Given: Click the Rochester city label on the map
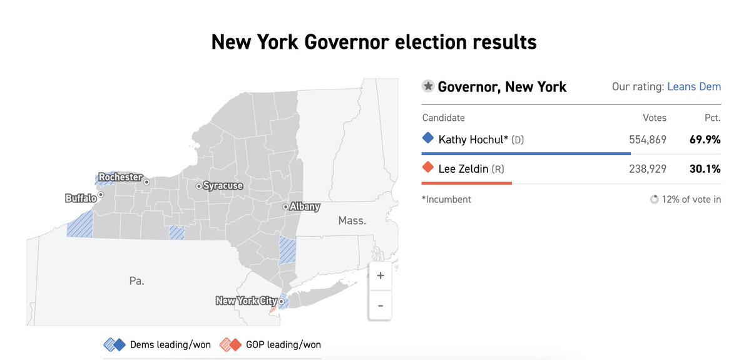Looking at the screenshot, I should point(120,177).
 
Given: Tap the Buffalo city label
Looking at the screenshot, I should point(81,198).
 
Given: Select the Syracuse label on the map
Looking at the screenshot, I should point(223,186).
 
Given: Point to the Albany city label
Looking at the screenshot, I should point(305,207).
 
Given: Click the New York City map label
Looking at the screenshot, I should point(246,301).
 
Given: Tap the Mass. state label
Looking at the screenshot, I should point(352,220).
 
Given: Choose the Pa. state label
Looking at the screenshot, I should point(136,280).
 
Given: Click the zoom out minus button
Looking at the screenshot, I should point(381,306).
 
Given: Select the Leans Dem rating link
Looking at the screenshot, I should point(694,87).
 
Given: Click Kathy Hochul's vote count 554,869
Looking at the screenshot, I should point(648,140).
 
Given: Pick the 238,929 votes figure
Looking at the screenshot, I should point(648,168).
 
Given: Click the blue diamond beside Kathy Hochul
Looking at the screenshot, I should point(428,138).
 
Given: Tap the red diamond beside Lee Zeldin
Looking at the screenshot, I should point(428,168).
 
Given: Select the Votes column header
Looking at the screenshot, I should point(655,118).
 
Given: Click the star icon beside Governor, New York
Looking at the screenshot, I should point(428,86).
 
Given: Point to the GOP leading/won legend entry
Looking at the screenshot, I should point(270,344).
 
